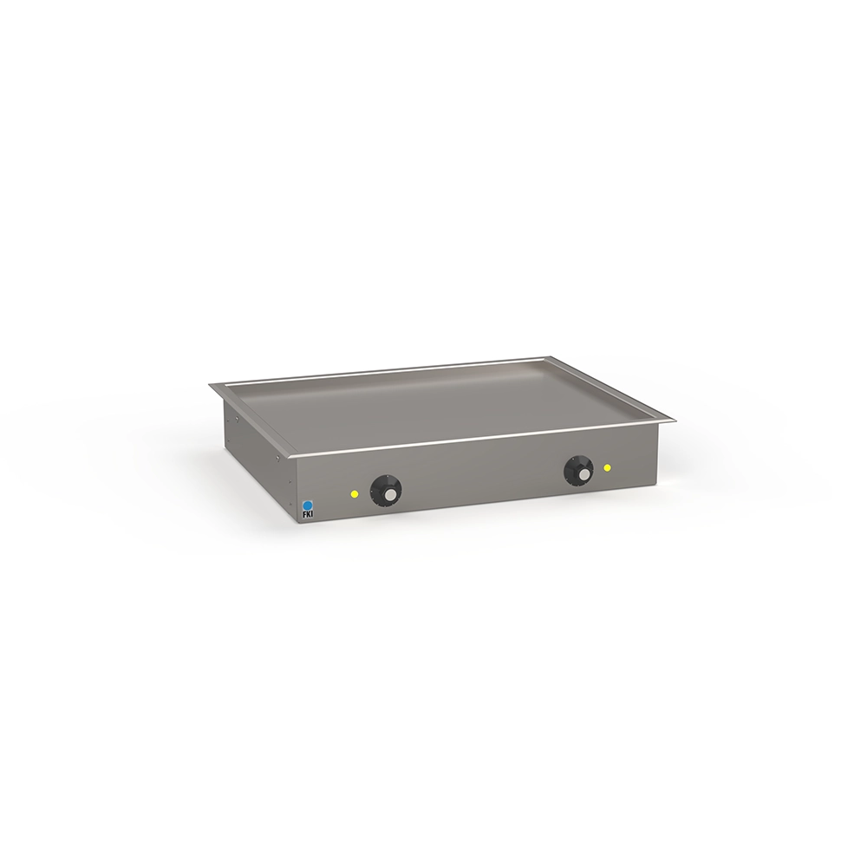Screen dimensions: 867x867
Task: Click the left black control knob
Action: [x=386, y=489]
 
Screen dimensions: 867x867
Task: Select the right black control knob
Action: [x=578, y=471]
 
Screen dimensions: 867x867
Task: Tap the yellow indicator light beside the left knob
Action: [x=355, y=493]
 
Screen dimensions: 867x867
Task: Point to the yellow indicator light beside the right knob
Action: [x=608, y=468]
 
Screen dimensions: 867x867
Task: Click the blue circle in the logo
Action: [x=308, y=505]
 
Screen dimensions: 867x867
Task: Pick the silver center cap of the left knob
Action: [x=390, y=495]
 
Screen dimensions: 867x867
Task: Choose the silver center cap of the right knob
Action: [x=583, y=476]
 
